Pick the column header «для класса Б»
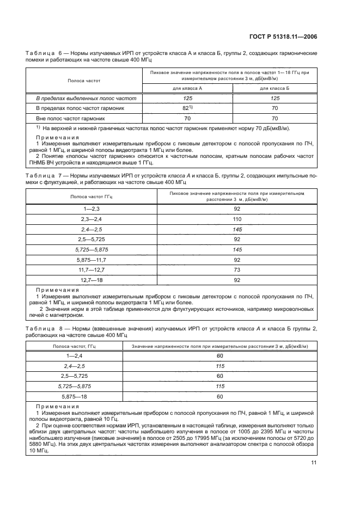(x=274, y=88)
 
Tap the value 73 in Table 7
(x=236, y=269)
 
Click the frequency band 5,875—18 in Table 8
(x=74, y=396)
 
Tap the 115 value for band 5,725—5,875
(x=220, y=386)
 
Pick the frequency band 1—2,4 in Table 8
(x=74, y=355)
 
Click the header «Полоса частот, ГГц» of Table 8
(x=74, y=345)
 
